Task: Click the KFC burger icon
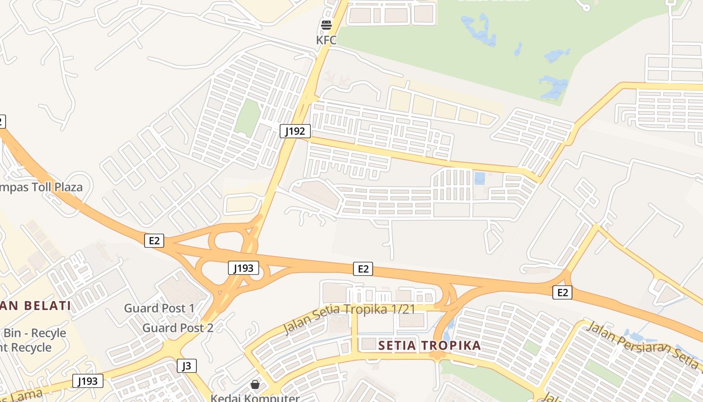click(x=326, y=25)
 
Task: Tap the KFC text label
click(x=326, y=40)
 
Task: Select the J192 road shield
click(x=295, y=132)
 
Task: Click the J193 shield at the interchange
click(x=244, y=268)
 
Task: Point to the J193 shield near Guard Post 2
click(x=88, y=381)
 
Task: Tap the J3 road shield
click(x=186, y=366)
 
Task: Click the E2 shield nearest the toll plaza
click(x=154, y=241)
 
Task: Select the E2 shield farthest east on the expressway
click(x=562, y=292)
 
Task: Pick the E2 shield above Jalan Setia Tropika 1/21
click(x=363, y=269)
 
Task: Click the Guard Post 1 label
click(x=159, y=308)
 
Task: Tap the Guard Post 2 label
click(x=178, y=328)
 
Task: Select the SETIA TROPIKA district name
click(x=429, y=345)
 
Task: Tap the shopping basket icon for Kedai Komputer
click(x=255, y=384)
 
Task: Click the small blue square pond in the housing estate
click(x=480, y=178)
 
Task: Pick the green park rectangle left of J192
click(x=247, y=118)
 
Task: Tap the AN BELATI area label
click(x=35, y=306)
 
